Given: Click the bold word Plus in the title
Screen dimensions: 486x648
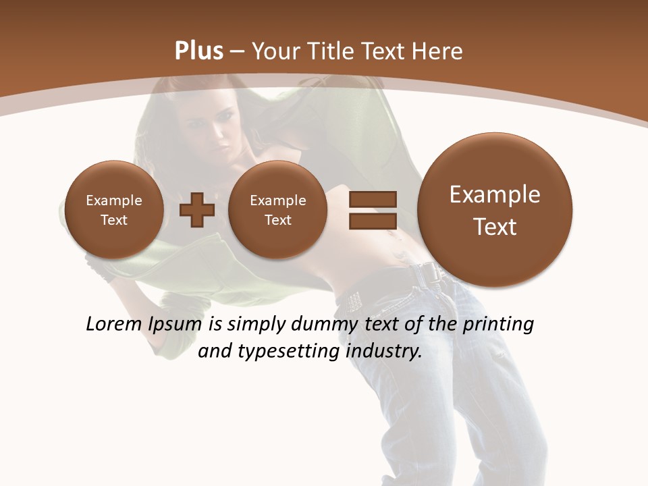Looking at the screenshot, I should pyautogui.click(x=198, y=51).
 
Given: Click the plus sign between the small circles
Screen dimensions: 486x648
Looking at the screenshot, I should pyautogui.click(x=197, y=210).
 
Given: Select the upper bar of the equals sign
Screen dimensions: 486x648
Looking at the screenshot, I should pyautogui.click(x=373, y=199).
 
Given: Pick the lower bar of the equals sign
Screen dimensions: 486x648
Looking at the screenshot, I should pyautogui.click(x=373, y=220).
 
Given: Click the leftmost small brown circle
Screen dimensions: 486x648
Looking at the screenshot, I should pyautogui.click(x=114, y=210).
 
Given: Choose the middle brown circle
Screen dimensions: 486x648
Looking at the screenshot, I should pyautogui.click(x=278, y=210).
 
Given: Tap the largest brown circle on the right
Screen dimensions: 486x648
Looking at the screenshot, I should pyautogui.click(x=495, y=210).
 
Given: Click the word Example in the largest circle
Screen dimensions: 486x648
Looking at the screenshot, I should pyautogui.click(x=495, y=194).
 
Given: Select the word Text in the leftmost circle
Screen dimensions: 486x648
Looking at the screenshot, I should pyautogui.click(x=114, y=220).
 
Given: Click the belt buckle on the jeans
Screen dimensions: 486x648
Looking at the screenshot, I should pyautogui.click(x=427, y=272).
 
